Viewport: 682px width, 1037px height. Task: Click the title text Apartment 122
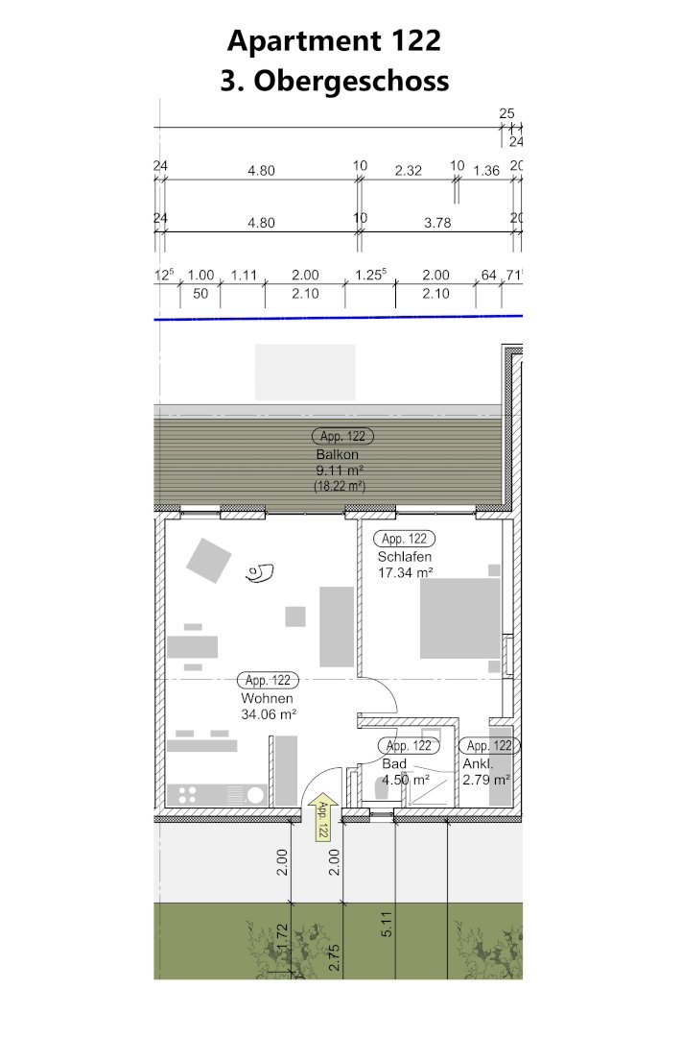[334, 41]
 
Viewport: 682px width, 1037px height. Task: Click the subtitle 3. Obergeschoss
[335, 81]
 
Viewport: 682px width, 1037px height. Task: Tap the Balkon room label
[337, 454]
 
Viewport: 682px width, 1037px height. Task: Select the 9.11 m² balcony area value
[340, 470]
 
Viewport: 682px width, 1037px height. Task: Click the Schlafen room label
[405, 557]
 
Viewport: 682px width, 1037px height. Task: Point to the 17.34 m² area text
[405, 572]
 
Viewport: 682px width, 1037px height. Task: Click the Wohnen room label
[267, 698]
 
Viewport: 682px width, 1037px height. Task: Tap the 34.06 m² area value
[269, 714]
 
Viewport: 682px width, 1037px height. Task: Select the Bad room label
[394, 764]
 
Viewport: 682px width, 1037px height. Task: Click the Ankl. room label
[478, 764]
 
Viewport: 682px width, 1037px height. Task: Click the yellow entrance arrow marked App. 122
[322, 817]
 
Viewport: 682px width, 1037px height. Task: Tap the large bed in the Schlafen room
[460, 618]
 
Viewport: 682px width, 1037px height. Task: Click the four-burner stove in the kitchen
[187, 794]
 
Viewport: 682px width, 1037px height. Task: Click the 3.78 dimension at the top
[437, 223]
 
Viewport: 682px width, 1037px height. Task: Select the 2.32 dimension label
[409, 171]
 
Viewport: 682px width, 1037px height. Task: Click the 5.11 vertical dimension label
[388, 924]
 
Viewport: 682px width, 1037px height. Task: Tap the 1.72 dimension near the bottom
[282, 937]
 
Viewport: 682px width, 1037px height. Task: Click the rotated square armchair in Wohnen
[209, 560]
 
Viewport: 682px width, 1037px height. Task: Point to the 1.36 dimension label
[486, 171]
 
